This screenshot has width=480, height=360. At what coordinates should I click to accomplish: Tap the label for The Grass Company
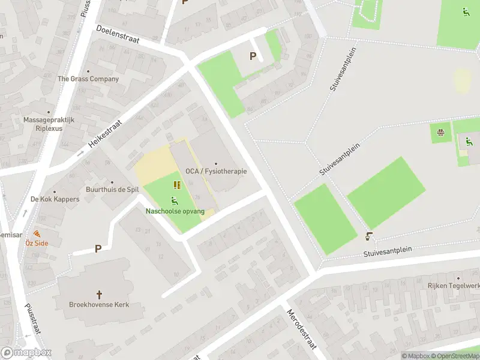click(x=88, y=79)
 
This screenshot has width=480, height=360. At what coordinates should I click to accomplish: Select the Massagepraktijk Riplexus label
click(x=49, y=124)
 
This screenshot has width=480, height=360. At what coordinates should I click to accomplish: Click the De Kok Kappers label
click(x=55, y=199)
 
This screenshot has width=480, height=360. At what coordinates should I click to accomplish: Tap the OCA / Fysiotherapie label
click(x=216, y=172)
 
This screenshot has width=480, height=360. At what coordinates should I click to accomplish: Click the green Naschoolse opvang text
click(x=175, y=211)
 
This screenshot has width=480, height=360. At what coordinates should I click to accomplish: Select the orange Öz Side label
click(x=37, y=243)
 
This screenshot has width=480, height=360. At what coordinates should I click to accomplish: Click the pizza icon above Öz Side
click(x=37, y=233)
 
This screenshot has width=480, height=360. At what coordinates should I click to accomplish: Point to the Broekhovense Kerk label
click(x=99, y=305)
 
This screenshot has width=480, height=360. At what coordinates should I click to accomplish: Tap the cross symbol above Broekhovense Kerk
click(x=99, y=295)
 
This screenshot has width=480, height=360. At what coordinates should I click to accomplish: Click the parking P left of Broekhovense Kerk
click(x=97, y=248)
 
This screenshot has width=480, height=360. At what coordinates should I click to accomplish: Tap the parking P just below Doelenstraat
click(x=253, y=56)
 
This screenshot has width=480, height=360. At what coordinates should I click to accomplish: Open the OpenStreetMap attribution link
click(x=458, y=356)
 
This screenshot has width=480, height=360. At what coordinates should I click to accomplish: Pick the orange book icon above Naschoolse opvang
click(x=177, y=185)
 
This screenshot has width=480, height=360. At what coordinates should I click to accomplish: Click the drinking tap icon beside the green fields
click(x=369, y=236)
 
